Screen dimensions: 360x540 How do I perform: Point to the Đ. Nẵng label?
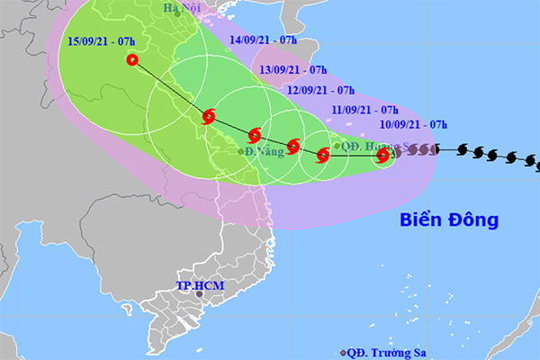(x=266, y=152)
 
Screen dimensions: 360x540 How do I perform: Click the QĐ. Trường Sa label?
(x=383, y=352)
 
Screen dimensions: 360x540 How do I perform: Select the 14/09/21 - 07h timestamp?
(x=264, y=40)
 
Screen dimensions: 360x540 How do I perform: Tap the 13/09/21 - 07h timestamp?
(x=292, y=68)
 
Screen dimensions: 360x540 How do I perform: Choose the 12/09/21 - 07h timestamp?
(x=319, y=90)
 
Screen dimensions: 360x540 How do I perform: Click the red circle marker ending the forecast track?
(x=133, y=61)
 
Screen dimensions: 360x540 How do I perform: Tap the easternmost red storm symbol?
(x=382, y=156)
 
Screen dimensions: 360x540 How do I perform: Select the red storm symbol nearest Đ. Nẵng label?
(x=255, y=135)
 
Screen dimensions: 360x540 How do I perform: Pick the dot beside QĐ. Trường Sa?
(x=343, y=353)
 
